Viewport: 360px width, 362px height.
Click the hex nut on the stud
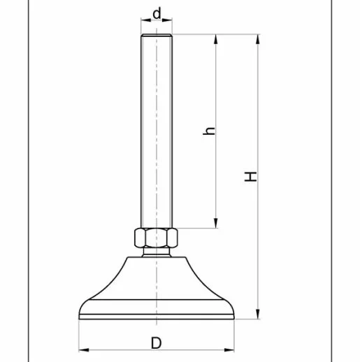click(x=157, y=239)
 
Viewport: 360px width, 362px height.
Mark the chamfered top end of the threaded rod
click(x=157, y=36)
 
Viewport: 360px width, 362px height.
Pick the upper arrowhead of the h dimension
click(x=215, y=40)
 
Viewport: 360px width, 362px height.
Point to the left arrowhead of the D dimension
click(x=82, y=349)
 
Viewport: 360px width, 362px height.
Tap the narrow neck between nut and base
click(x=157, y=254)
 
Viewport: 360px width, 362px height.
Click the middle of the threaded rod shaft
click(x=157, y=133)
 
